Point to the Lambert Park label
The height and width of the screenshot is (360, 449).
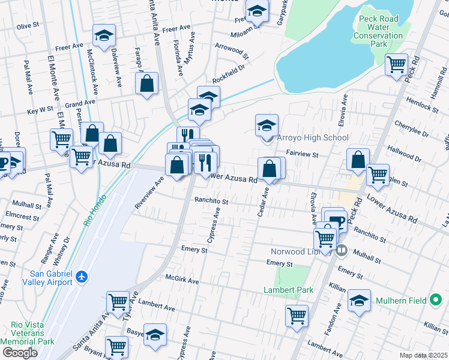[289, 290]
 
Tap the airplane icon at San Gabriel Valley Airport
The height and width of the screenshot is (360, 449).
[82, 277]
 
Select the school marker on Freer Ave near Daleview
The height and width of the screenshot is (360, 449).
[104, 35]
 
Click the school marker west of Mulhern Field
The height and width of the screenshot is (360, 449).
[359, 300]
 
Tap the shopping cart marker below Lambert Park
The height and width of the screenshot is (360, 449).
[297, 314]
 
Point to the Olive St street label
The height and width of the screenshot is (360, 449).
[28, 26]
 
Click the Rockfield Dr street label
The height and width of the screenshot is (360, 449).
[229, 78]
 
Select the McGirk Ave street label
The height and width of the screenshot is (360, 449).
[182, 280]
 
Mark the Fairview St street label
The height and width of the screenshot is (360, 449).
[301, 154]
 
